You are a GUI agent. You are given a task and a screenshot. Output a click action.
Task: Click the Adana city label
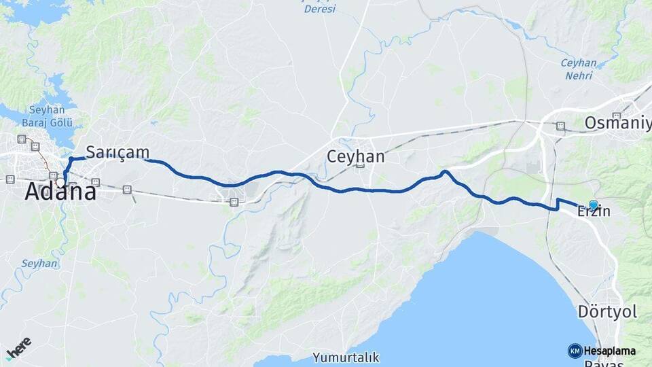coord(60,192)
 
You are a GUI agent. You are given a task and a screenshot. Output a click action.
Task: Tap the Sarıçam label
coord(117,152)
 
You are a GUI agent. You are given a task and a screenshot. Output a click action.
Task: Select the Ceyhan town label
coord(355,156)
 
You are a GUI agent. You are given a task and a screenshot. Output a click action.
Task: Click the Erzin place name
coord(593,212)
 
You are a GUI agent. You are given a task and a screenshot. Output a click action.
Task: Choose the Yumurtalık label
coord(346,357)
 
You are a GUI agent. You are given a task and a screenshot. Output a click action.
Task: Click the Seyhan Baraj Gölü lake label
coord(47,116)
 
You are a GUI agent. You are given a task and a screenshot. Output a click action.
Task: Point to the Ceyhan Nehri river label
coord(578,69)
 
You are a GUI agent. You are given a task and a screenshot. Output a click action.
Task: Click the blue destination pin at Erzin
coord(593,205)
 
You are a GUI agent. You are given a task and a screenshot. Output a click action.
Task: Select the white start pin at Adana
coord(60,181)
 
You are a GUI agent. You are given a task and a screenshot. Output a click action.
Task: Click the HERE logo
coord(18,347)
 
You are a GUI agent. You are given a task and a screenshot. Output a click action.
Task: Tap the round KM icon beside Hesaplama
coord(575,351)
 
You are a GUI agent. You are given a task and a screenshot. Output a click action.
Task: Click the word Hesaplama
coord(609,351)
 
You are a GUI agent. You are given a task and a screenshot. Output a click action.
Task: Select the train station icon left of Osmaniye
coord(560,126)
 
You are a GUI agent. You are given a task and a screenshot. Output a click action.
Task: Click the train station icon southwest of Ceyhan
coord(234,202)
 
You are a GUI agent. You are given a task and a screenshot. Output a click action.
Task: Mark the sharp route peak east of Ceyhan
coord(445,172)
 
